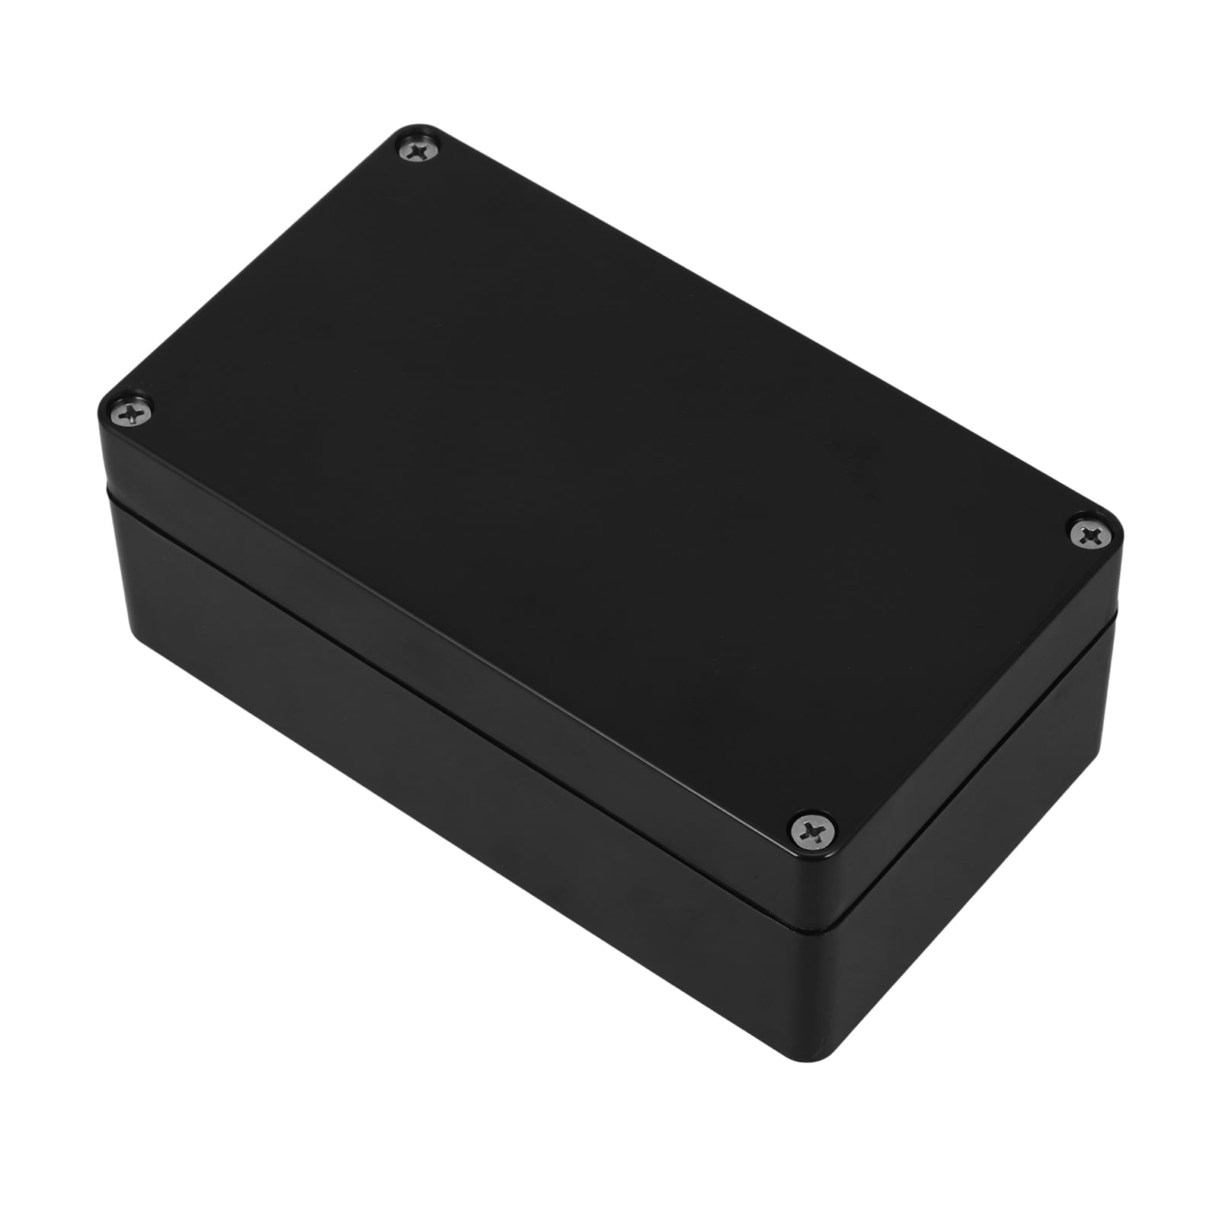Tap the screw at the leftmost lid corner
[x=131, y=414]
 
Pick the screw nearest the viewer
[x=813, y=828]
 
